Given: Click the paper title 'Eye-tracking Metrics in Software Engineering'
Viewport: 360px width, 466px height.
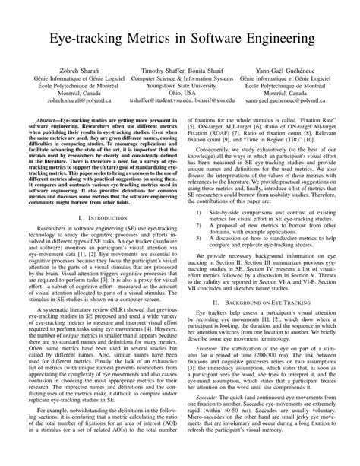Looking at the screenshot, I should [x=180, y=37].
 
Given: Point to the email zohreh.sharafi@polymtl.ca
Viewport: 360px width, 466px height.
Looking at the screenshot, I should [x=68, y=100].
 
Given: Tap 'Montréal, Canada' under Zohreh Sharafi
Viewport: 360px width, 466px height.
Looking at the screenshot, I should [x=68, y=92].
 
